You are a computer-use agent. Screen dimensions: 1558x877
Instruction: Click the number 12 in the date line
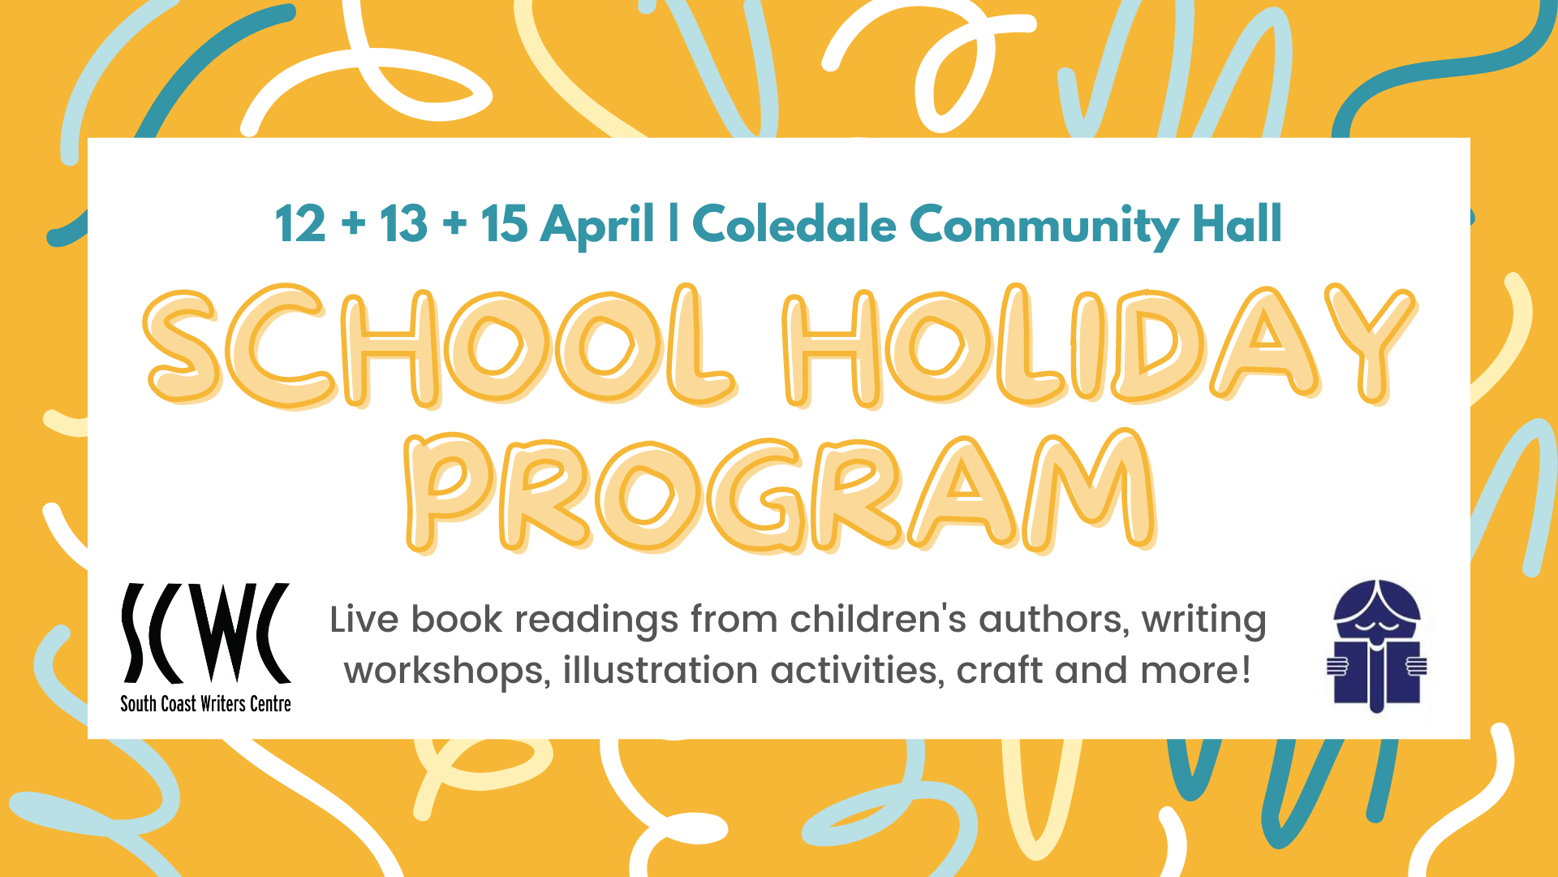coord(300,224)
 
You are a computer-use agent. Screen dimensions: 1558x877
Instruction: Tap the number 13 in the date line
coord(403,224)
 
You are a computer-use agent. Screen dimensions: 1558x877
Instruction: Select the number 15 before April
coord(504,224)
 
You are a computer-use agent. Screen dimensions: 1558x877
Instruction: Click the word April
coord(598,226)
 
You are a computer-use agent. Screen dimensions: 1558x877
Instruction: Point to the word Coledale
coord(794,224)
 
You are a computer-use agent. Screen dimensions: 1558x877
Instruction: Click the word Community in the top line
coord(1044,227)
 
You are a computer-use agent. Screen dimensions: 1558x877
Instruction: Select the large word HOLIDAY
coord(1100,344)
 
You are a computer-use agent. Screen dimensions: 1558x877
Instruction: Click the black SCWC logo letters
coord(206,633)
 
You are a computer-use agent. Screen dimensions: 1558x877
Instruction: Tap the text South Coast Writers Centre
coord(205,704)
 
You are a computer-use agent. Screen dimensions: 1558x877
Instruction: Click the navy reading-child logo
coord(1376,646)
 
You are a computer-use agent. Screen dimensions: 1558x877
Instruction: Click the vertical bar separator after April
coord(674,223)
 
